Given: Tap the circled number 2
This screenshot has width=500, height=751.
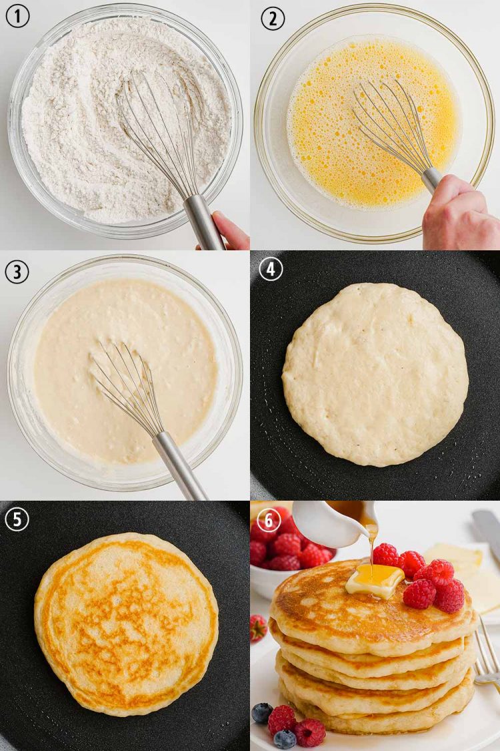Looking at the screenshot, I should (x=273, y=18).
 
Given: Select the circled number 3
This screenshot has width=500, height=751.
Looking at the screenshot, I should (x=17, y=270).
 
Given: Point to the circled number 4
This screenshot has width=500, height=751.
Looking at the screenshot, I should (x=271, y=269).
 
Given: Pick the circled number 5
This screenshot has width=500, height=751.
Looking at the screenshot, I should (x=17, y=519).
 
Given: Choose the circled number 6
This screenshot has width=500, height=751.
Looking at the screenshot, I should (x=270, y=520).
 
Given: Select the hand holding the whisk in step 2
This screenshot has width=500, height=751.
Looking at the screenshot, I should (x=460, y=214).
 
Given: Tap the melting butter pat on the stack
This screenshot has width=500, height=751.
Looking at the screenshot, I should (x=375, y=579).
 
